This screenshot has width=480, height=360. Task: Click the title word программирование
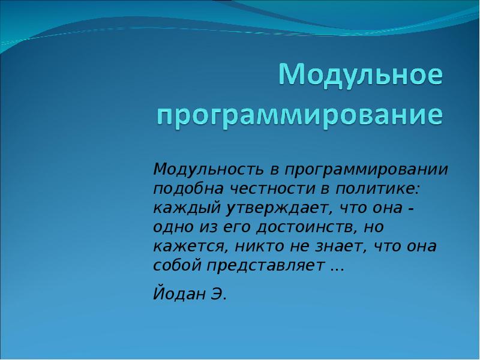coord(300,116)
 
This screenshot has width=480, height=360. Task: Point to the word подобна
coord(188,189)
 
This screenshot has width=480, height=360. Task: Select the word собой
coord(177,265)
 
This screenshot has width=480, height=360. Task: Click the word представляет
coord(265,266)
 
